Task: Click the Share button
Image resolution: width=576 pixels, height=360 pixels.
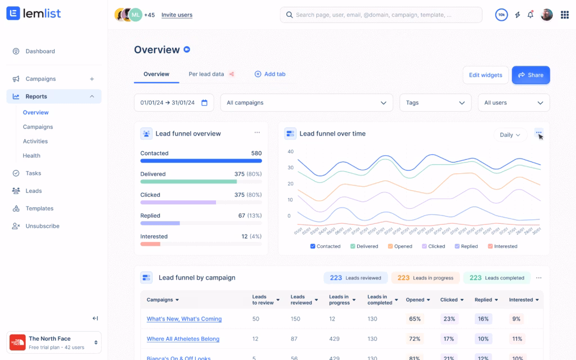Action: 530,75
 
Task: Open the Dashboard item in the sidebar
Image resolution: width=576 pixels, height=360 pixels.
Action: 40,51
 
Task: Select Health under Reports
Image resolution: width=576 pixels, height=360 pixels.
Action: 31,156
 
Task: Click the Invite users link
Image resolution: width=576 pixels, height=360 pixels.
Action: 177,15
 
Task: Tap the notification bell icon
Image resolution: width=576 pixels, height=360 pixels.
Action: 530,15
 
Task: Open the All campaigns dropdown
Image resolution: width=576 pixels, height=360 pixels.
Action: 307,103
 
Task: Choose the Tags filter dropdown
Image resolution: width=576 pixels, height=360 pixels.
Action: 435,103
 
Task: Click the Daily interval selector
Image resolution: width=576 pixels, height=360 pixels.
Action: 510,135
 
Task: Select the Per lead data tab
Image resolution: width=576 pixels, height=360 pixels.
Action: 206,74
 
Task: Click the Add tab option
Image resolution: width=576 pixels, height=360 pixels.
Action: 270,74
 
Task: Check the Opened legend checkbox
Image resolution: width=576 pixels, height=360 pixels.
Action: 391,246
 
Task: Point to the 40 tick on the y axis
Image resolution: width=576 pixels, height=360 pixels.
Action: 290,152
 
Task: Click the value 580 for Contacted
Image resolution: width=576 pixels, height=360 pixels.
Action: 256,153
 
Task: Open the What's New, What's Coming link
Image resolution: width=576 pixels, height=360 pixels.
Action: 184,319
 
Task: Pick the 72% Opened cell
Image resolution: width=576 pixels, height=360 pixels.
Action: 415,339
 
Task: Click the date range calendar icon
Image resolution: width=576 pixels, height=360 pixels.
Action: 204,103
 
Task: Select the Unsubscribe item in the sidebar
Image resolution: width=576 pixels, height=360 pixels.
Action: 42,226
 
